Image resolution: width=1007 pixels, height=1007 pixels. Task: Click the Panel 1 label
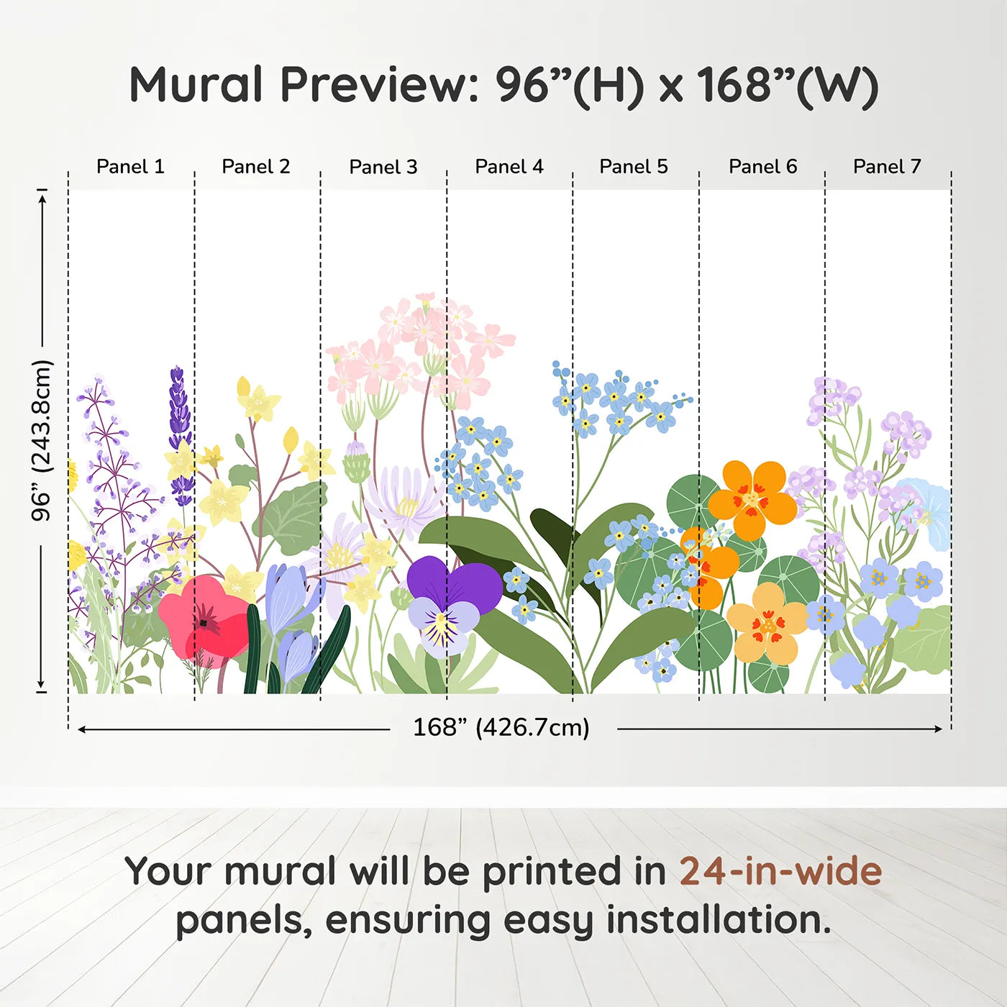tap(131, 167)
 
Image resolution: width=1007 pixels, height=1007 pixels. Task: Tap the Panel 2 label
tap(256, 167)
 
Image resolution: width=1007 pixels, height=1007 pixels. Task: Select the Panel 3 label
tap(383, 167)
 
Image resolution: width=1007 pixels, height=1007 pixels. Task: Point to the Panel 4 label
tap(509, 167)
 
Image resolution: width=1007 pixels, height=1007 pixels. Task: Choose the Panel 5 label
tap(634, 167)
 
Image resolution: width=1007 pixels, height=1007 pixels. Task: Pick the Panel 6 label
tap(763, 167)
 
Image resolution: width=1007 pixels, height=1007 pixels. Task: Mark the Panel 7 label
tap(888, 167)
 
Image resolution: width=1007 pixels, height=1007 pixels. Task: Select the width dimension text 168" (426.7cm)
tap(501, 727)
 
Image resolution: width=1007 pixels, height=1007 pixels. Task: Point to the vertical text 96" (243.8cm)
tap(41, 440)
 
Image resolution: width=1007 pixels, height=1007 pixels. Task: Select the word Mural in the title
tap(196, 85)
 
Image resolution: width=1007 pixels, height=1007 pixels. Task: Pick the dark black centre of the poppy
tap(203, 623)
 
